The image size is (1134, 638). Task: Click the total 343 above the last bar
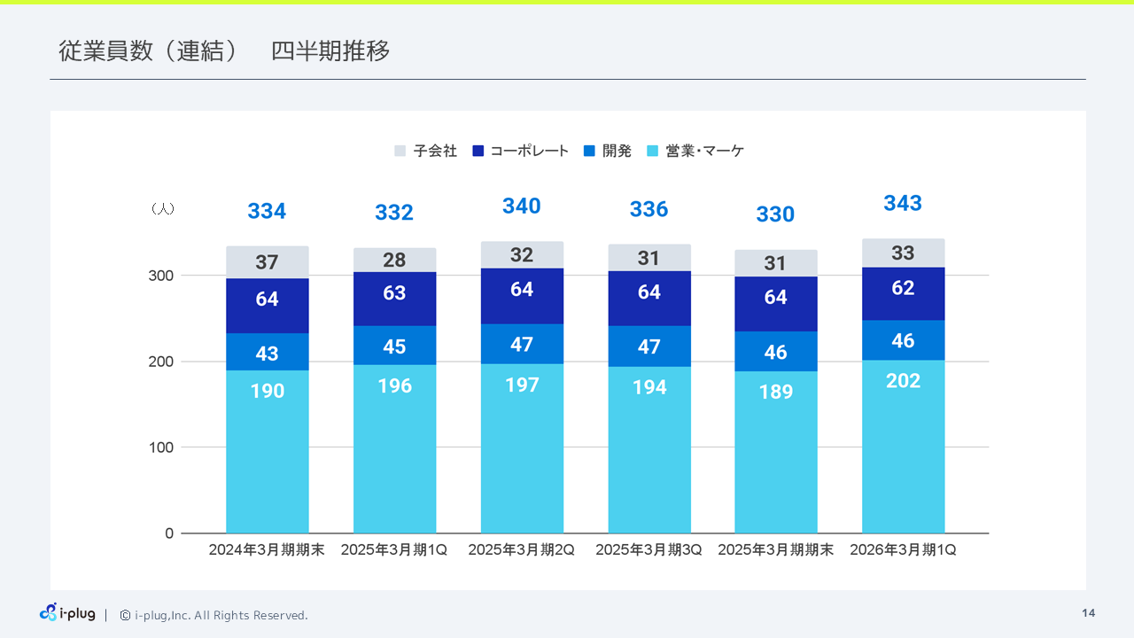click(902, 203)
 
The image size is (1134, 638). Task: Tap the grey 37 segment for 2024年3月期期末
click(267, 262)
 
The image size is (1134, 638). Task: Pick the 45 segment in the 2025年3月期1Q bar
click(394, 346)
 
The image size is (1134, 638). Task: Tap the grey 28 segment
click(394, 260)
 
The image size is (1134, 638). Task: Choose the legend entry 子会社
click(426, 152)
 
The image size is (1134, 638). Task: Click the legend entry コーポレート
click(521, 152)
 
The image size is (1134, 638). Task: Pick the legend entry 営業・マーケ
click(696, 152)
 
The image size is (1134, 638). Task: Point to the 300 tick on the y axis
click(161, 276)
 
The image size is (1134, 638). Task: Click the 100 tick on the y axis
click(161, 447)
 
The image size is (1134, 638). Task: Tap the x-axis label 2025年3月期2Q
click(521, 550)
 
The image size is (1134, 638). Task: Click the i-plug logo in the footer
click(67, 613)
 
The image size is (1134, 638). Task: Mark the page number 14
click(1088, 613)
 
